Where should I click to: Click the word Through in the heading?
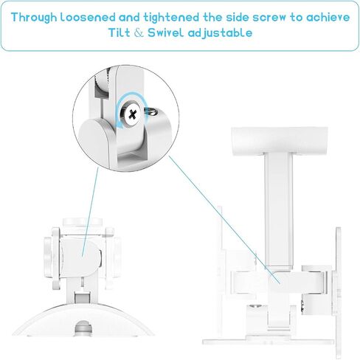[34, 18]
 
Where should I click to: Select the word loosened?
[88, 17]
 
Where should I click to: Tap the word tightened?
[171, 18]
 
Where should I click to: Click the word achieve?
[328, 17]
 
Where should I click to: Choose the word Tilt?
[120, 32]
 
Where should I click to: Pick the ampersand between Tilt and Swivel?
[139, 33]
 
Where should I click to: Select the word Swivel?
[165, 32]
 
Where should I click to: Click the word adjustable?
[220, 33]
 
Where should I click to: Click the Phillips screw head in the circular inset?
[132, 114]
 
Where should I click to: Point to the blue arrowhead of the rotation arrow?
[120, 125]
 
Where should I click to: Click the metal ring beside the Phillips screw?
[150, 111]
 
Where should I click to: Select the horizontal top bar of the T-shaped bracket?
[280, 140]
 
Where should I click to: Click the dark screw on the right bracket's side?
[302, 306]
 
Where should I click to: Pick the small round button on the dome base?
[83, 328]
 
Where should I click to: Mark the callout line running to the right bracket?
[224, 219]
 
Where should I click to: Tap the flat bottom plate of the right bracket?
[269, 342]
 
